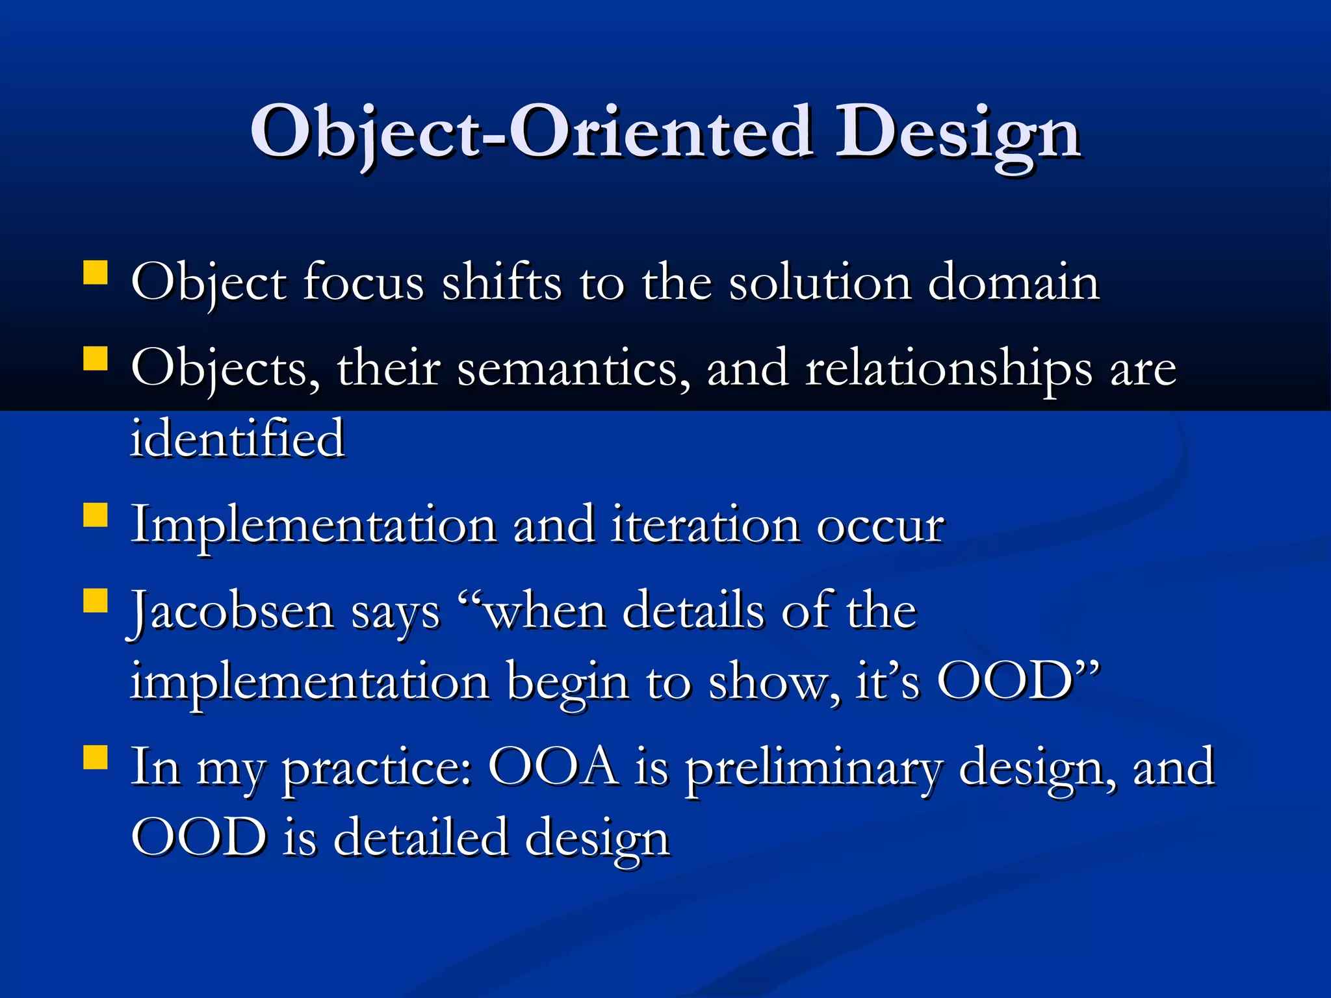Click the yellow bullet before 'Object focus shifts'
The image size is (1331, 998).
click(96, 274)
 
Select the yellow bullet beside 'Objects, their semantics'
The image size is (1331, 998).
click(96, 358)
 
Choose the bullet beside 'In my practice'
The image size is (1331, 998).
click(96, 757)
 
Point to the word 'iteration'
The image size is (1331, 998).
click(705, 525)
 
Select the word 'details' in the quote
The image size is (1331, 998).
click(693, 611)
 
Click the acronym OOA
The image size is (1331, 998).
click(553, 767)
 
